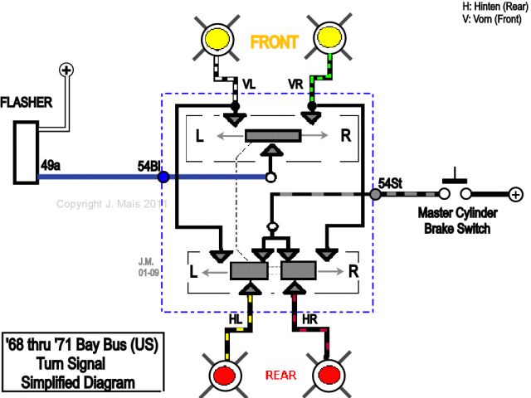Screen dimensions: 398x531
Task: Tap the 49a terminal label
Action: click(x=51, y=166)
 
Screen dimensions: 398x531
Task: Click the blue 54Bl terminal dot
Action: click(x=163, y=177)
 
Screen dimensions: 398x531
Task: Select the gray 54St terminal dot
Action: click(x=375, y=194)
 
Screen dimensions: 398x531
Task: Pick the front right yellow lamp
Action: click(x=332, y=37)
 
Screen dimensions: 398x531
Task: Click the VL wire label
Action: click(x=250, y=84)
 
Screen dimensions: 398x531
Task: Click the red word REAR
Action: click(x=280, y=375)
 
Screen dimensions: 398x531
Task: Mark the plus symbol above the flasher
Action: click(x=67, y=70)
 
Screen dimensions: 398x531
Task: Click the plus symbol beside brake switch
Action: click(x=515, y=194)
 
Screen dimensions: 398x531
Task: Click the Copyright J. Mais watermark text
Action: click(x=111, y=203)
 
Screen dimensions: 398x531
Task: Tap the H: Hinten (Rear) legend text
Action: click(x=494, y=6)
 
